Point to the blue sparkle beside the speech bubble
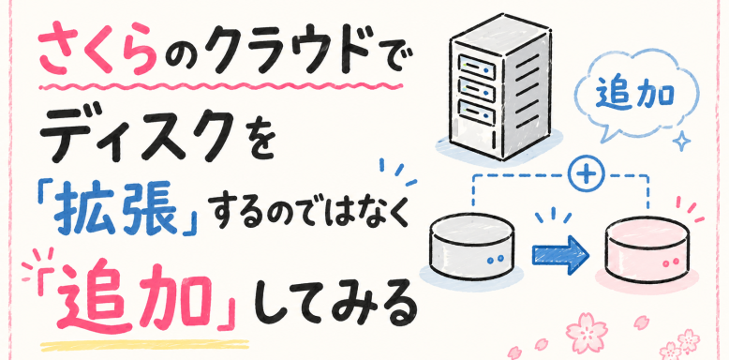[x=682, y=140]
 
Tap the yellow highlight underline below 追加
[x=145, y=346]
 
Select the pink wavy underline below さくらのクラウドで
[x=220, y=86]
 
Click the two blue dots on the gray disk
[x=495, y=258]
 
